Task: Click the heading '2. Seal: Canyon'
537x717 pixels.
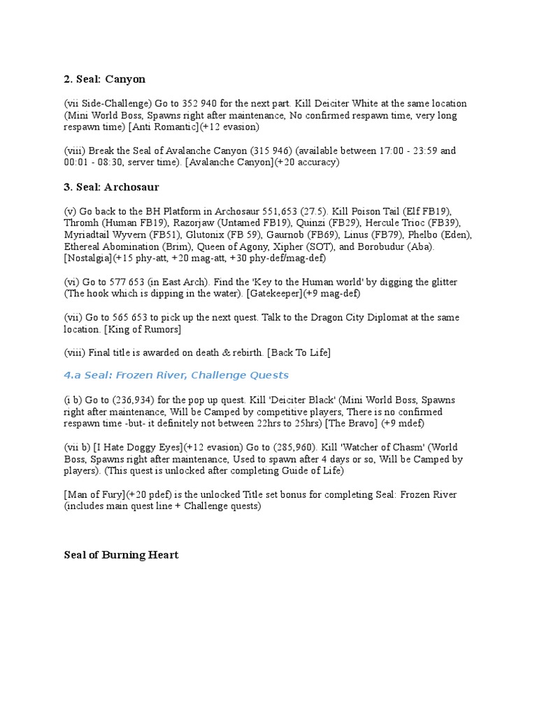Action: [104, 79]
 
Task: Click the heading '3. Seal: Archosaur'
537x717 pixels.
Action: [111, 187]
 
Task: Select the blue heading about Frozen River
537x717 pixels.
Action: [176, 375]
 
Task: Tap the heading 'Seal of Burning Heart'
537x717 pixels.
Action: [121, 555]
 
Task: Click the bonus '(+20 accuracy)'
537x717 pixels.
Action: [304, 162]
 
